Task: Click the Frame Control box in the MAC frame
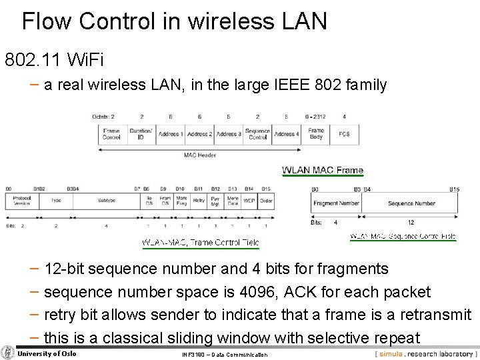coord(111,134)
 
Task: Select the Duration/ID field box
coord(141,134)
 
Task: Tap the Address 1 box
coord(170,134)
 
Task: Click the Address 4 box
coord(287,134)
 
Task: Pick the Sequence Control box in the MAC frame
coord(257,134)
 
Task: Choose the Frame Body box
coord(316,134)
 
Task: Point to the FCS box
coord(344,134)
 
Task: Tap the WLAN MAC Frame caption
coord(323,170)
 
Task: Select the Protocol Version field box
coord(22,200)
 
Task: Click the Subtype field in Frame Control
coord(107,200)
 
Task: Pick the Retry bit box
coord(199,200)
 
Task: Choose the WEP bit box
coord(249,200)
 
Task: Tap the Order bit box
coord(266,200)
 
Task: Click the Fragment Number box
coord(336,203)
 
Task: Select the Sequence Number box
coord(411,203)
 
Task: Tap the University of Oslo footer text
coord(47,353)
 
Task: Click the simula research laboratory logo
coord(424,353)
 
